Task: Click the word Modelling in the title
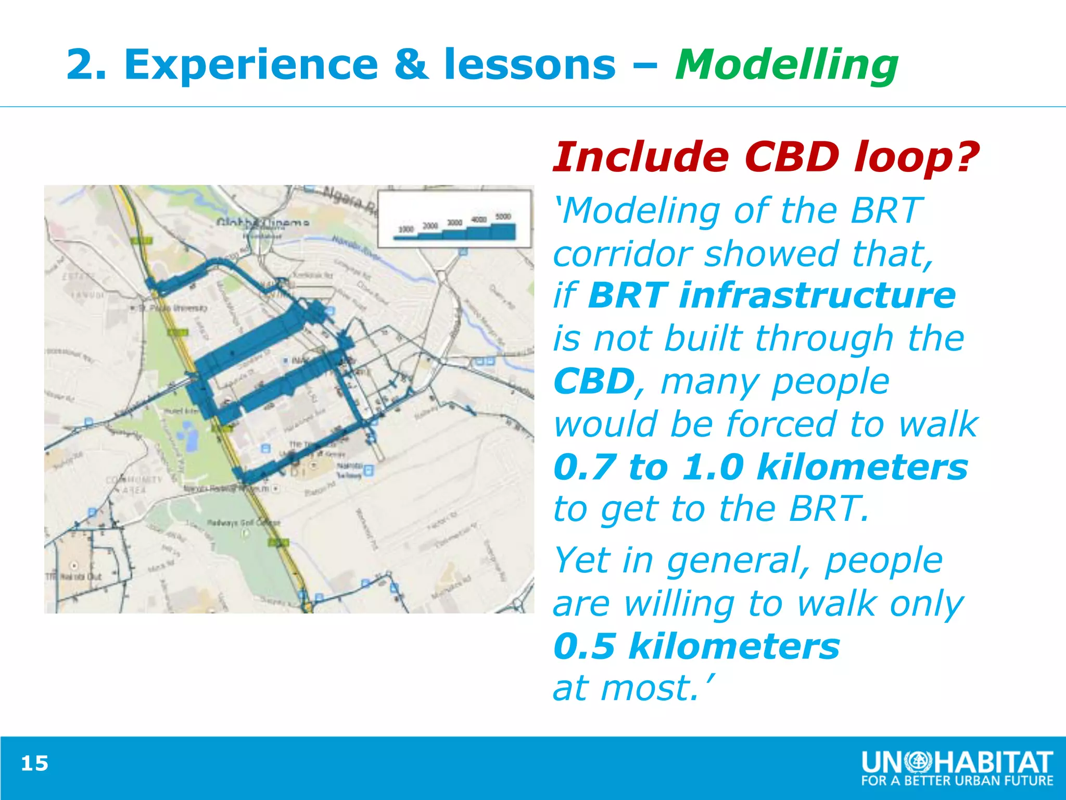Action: pyautogui.click(x=786, y=65)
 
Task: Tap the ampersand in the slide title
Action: pyautogui.click(x=411, y=65)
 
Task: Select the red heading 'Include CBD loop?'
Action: pyautogui.click(x=765, y=157)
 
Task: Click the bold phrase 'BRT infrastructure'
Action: pyautogui.click(x=772, y=295)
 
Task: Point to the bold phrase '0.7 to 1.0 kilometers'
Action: pyautogui.click(x=760, y=467)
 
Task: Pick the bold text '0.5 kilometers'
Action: pyautogui.click(x=696, y=646)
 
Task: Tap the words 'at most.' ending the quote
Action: pyautogui.click(x=632, y=689)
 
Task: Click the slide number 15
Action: pyautogui.click(x=34, y=764)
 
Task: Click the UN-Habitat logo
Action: pyautogui.click(x=957, y=762)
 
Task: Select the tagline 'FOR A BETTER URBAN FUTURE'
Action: pyautogui.click(x=957, y=781)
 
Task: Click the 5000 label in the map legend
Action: pyautogui.click(x=503, y=216)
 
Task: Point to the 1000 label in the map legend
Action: pyautogui.click(x=405, y=229)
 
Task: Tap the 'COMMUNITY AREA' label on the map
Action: pyautogui.click(x=134, y=484)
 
